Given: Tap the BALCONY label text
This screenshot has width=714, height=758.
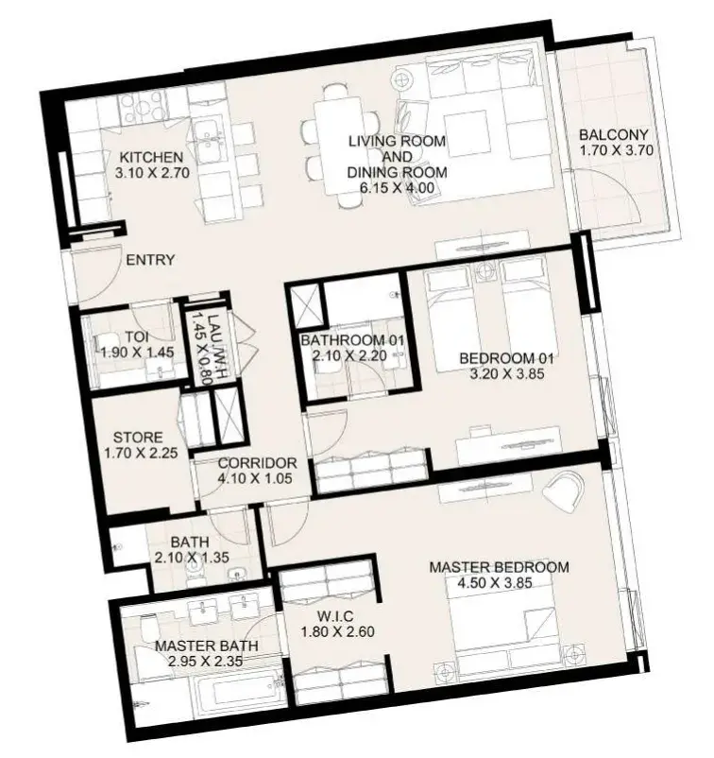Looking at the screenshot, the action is coord(614,134).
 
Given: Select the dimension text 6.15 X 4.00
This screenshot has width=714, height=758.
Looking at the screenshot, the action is coord(397,187).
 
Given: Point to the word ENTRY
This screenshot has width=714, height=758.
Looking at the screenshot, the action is coord(150,260).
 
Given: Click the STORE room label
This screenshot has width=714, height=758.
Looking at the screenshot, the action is coord(138,438).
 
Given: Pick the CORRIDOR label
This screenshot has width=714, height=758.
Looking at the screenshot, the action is coord(257,463).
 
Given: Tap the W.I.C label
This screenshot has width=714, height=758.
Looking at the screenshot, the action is coord(335,616).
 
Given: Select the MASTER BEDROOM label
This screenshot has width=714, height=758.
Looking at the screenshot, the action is coord(499,567).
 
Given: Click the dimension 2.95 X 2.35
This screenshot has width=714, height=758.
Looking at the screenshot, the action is coord(205,661).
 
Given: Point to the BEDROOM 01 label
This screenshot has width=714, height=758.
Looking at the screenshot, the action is coord(506,359).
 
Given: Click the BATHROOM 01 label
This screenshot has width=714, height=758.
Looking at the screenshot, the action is coord(351,340).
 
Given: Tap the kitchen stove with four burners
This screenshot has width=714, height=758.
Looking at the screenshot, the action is coord(141,107).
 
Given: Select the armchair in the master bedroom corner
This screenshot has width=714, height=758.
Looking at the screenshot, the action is coord(563,489).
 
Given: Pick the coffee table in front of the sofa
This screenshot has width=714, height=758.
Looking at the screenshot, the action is coord(467,134).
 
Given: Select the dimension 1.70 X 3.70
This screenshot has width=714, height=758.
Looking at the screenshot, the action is coord(617,150).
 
